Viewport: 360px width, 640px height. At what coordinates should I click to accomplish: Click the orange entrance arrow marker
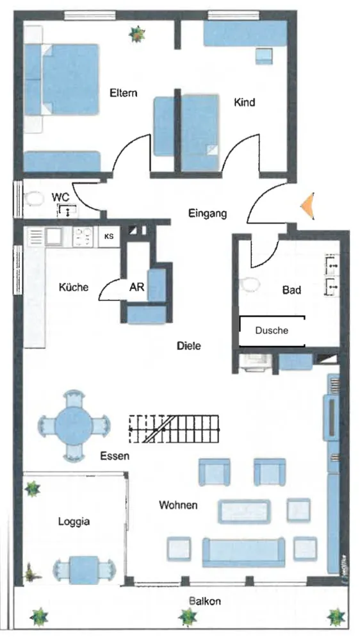309,206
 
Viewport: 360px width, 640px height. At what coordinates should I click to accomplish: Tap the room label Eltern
123,93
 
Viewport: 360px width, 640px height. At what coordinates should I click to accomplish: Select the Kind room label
244,102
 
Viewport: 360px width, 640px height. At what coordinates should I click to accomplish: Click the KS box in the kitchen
109,237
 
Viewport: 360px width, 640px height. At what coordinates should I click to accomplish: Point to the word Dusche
272,331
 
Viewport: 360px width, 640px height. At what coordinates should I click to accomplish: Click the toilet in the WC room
34,200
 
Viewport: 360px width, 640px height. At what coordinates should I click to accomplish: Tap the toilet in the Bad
250,284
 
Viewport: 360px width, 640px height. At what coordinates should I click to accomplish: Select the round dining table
74,426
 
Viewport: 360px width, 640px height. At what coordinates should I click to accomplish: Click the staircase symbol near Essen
174,429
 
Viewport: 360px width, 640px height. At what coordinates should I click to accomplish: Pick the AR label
136,287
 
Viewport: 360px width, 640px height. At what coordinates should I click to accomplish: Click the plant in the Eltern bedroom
137,35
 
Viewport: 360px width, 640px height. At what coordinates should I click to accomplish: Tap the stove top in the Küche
83,237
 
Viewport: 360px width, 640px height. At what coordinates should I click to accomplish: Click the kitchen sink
54,236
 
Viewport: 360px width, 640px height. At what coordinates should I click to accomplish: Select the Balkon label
205,601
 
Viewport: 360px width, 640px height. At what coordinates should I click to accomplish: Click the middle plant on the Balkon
187,617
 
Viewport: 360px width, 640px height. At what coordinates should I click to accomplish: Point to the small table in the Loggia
84,570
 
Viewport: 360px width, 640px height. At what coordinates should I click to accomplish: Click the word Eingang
208,213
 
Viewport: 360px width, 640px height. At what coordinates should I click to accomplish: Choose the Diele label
188,346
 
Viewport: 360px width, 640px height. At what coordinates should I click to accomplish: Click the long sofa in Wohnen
243,553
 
